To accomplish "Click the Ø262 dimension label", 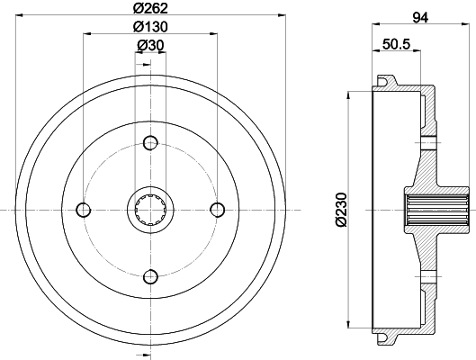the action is (150, 8).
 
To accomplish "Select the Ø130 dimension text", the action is (150, 27).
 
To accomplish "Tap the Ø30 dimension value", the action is (150, 45).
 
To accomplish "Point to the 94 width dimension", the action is (420, 18).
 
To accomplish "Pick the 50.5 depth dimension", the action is (396, 44).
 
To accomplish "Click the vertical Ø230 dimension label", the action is (341, 210).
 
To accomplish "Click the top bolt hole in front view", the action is (150, 143).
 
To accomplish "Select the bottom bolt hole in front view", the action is (150, 277).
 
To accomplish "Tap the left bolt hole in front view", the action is (83, 210).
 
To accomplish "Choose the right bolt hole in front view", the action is (218, 210).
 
